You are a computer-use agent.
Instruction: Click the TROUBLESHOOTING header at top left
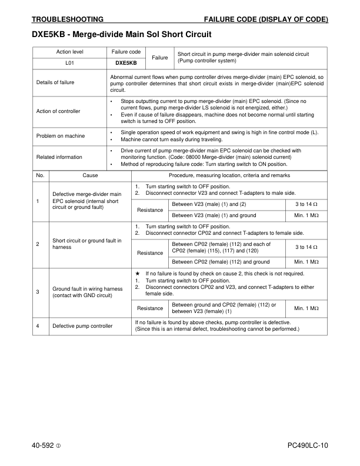click(x=67, y=19)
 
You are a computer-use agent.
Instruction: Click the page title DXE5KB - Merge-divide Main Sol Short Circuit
click(x=121, y=35)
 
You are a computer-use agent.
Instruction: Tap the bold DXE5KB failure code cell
click(x=126, y=63)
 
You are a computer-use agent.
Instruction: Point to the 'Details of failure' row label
click(x=55, y=82)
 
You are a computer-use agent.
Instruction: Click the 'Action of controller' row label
click(x=58, y=111)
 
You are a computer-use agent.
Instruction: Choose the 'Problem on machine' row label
click(x=61, y=136)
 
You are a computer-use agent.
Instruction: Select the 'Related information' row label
click(x=59, y=157)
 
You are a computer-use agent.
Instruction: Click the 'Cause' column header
click(x=91, y=175)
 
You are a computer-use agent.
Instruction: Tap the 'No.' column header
click(x=41, y=175)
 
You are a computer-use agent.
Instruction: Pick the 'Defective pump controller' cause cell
click(x=82, y=325)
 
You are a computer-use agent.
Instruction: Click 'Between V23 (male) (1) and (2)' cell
click(x=209, y=204)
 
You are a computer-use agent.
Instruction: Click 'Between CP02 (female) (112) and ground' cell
click(x=221, y=262)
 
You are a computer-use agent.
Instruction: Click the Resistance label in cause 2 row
click(x=150, y=253)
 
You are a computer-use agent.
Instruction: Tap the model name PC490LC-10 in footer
click(x=308, y=445)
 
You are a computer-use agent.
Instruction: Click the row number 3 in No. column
click(x=38, y=291)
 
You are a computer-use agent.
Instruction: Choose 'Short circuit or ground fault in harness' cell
click(x=87, y=244)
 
